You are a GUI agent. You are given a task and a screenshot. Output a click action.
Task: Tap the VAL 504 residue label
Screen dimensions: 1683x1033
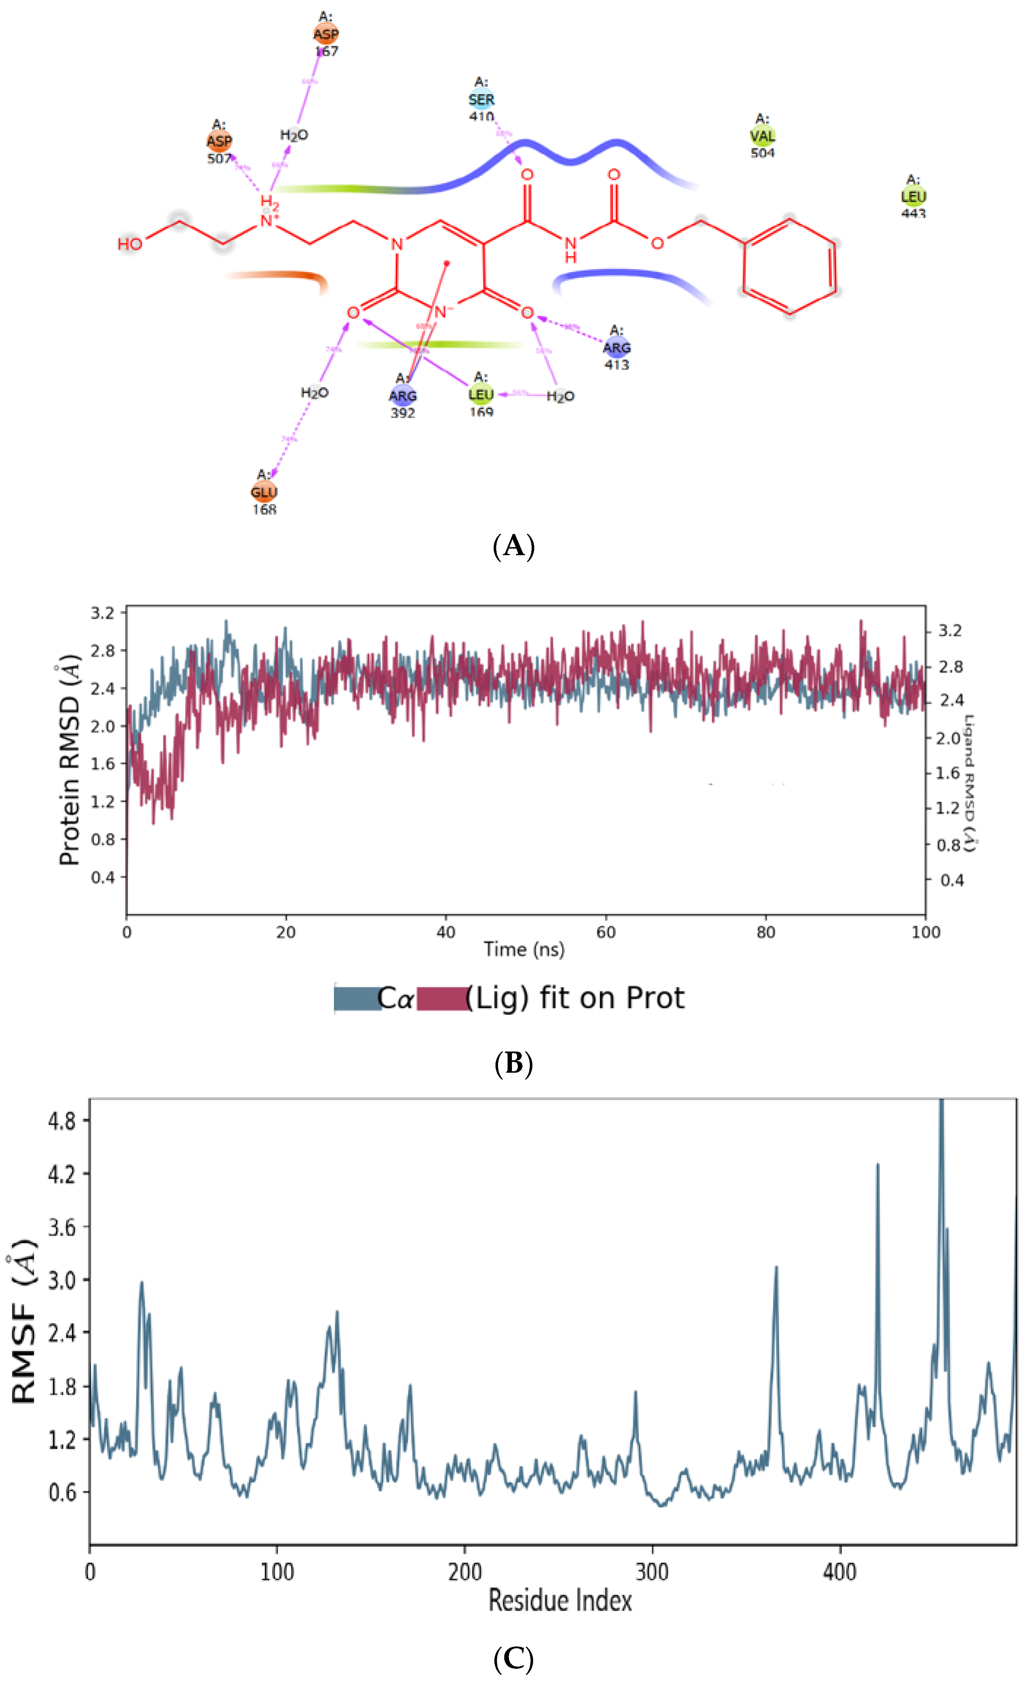[x=762, y=136]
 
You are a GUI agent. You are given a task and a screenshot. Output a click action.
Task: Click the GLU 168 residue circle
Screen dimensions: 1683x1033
[x=264, y=492]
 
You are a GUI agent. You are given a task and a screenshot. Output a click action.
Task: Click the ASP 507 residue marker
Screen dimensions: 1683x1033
[x=219, y=141]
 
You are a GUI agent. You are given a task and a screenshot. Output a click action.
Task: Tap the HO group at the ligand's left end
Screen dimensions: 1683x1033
[x=130, y=244]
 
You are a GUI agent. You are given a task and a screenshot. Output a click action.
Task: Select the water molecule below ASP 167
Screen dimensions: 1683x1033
[x=294, y=135]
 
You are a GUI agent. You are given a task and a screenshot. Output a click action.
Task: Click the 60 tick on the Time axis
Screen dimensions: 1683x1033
[x=605, y=932]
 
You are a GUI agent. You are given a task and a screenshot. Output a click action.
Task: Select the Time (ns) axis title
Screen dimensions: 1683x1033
[x=524, y=949]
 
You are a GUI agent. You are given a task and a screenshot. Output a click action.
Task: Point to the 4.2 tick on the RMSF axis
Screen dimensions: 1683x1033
[x=61, y=1174]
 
